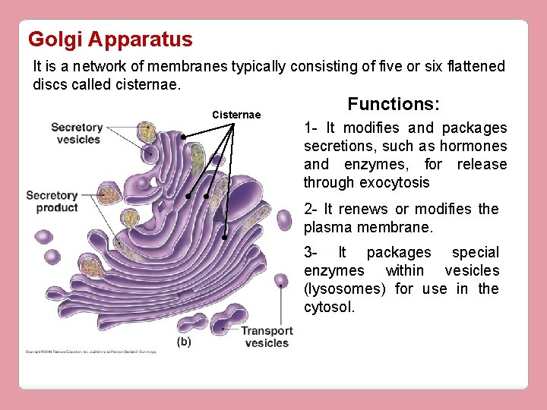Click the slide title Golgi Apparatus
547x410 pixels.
(110, 39)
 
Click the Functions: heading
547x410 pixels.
(394, 104)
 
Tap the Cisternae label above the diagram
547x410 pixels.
(236, 115)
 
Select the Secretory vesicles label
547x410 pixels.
(77, 134)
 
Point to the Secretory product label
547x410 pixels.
(52, 201)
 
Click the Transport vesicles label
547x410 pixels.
(267, 336)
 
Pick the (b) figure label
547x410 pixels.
(184, 342)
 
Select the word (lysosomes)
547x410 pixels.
(346, 289)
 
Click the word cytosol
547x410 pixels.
(329, 307)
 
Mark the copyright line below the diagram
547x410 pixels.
(91, 352)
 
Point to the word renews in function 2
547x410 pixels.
(365, 209)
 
